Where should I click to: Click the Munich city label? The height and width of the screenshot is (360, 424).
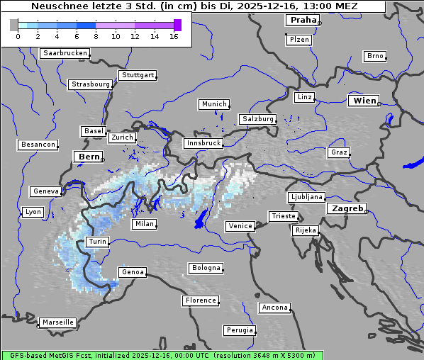(214, 104)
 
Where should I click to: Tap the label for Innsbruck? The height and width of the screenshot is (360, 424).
(203, 143)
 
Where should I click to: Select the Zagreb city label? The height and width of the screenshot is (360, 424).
(346, 209)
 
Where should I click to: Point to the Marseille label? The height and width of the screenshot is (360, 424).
(57, 322)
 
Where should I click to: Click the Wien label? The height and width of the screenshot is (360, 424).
(364, 101)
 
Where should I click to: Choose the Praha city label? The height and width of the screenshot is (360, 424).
(303, 21)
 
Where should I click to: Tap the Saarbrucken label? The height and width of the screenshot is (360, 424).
(65, 53)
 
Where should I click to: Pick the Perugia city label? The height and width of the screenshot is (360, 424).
(240, 330)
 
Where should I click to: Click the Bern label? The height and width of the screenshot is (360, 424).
(89, 157)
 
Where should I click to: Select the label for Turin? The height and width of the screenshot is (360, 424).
(98, 242)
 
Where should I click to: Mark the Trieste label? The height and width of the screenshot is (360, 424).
(283, 216)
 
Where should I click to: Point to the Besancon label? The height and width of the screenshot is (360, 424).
(38, 145)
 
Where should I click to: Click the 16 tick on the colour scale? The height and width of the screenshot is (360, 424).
(174, 36)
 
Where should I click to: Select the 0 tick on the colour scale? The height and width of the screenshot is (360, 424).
(18, 36)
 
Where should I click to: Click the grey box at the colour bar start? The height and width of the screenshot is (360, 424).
(14, 25)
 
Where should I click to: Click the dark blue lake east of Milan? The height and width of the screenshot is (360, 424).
(202, 219)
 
